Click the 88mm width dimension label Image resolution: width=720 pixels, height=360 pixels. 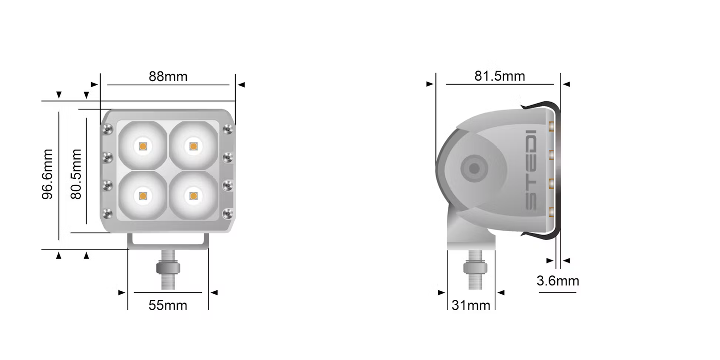(x=168, y=77)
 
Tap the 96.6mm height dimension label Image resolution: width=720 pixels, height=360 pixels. (x=48, y=174)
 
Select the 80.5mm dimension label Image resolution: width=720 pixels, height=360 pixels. (x=76, y=174)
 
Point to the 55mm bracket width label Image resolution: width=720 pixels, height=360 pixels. (x=168, y=305)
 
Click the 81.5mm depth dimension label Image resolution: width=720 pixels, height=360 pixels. (x=499, y=76)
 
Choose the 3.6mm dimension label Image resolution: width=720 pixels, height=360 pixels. (x=558, y=281)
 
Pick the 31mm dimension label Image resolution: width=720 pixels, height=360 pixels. (x=471, y=305)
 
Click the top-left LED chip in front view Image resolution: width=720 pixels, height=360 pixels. (x=143, y=146)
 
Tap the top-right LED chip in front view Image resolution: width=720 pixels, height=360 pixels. (x=193, y=146)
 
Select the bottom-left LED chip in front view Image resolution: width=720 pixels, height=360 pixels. (x=143, y=196)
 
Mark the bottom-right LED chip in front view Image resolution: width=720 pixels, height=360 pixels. (x=193, y=196)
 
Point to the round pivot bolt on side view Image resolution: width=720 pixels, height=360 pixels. (x=474, y=168)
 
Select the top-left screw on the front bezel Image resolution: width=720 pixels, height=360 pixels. (x=107, y=130)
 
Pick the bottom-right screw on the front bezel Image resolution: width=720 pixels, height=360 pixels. (x=228, y=214)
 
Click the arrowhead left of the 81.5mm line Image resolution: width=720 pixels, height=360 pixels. (x=430, y=84)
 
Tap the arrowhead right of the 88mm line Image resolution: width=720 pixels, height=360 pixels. (x=242, y=85)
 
